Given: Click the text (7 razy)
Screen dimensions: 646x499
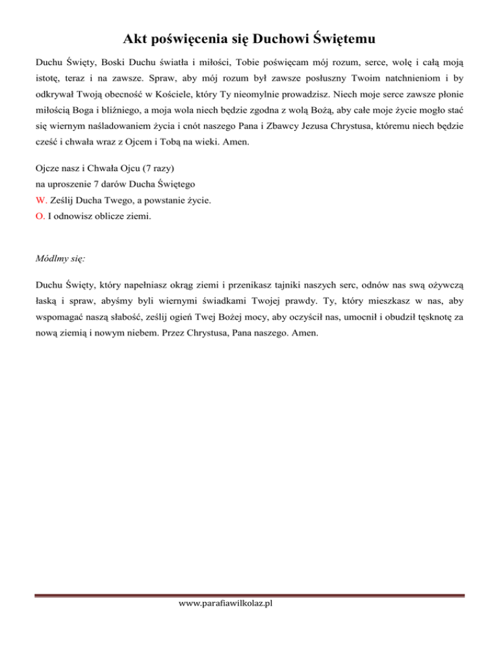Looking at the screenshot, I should (x=153, y=185).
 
